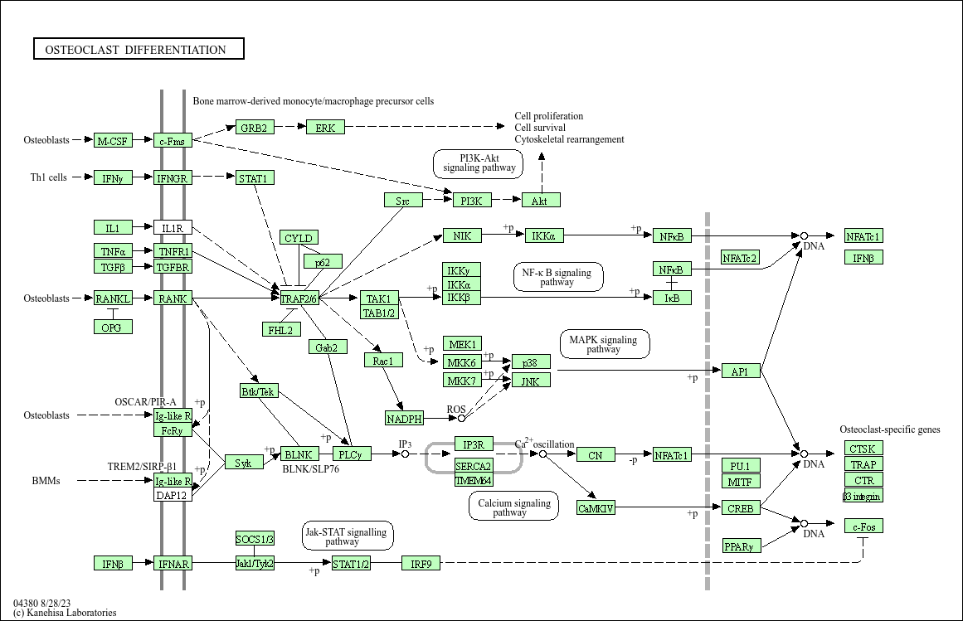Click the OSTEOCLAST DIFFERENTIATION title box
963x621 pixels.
139,50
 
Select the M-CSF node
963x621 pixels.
113,141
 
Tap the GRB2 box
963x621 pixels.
254,128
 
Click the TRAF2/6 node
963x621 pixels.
299,298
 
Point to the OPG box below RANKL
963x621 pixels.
113,327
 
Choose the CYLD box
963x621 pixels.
299,239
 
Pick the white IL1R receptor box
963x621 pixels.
173,228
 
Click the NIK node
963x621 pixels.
462,236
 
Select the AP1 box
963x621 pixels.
741,371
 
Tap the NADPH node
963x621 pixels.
405,419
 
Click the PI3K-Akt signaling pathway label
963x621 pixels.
479,163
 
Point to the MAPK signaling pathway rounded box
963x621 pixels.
604,344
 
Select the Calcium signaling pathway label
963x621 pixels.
513,507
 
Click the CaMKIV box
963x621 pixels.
596,508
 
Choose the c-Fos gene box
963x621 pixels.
863,526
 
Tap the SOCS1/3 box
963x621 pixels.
255,540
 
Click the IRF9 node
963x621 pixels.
421,564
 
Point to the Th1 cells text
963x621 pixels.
49,177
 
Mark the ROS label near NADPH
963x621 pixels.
456,409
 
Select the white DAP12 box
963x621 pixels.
173,495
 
